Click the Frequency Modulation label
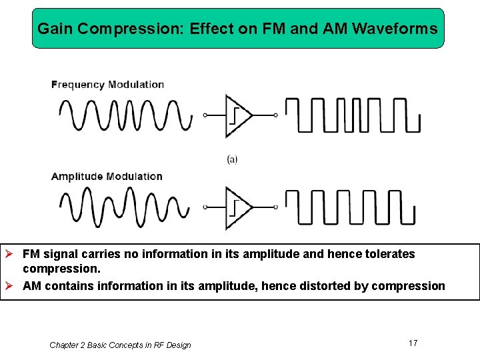pyautogui.click(x=108, y=85)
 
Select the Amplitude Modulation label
pyautogui.click(x=107, y=177)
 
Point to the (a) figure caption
pyautogui.click(x=232, y=159)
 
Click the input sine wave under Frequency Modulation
pyautogui.click(x=125, y=115)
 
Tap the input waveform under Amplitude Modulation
pyautogui.click(x=125, y=207)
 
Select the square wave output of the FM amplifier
pyautogui.click(x=353, y=115)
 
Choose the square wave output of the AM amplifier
pyautogui.click(x=350, y=207)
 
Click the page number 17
pyautogui.click(x=413, y=343)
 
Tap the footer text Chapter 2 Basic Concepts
pyautogui.click(x=120, y=345)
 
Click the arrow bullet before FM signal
pyautogui.click(x=10, y=254)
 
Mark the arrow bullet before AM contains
pyautogui.click(x=10, y=286)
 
